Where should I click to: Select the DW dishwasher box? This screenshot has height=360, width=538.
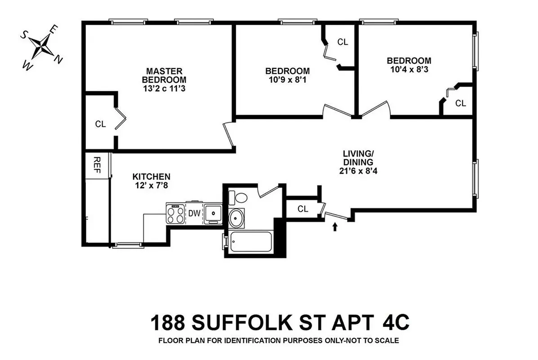point(194,213)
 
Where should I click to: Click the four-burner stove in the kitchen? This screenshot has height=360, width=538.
point(176,214)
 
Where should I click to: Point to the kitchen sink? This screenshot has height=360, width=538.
point(213,213)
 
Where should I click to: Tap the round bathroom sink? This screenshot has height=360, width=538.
point(236,219)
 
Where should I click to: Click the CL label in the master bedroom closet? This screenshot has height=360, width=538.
point(100,124)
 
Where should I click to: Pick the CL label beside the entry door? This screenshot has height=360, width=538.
point(303,209)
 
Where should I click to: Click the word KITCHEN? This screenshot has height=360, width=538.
point(151,176)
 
